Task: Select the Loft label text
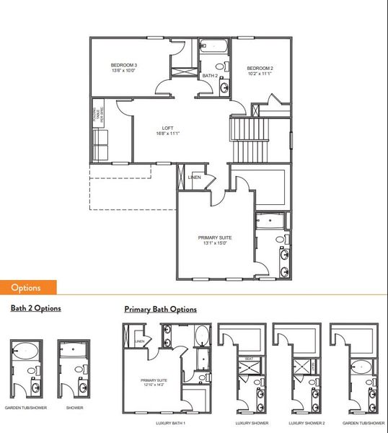167,131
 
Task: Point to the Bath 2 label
210,76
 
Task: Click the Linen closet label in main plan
195,178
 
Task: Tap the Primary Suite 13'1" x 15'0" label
215,240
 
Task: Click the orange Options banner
25,287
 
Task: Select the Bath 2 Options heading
35,308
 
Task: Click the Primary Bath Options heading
160,310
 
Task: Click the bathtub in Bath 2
213,48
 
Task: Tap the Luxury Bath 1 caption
171,422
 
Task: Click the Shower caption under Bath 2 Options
74,408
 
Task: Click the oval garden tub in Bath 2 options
27,351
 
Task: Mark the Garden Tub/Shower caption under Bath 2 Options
26,408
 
